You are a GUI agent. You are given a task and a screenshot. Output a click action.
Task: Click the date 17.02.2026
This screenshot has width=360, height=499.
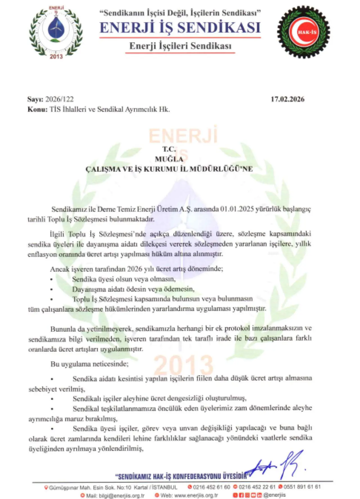287,99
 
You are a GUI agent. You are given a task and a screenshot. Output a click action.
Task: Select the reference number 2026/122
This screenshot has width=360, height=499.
60,99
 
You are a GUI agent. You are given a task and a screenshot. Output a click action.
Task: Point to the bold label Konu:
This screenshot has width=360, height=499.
37,109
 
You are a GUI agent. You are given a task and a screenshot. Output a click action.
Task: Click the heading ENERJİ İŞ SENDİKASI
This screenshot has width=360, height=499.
180,28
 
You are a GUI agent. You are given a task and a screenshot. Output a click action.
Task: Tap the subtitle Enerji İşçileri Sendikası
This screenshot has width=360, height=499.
180,46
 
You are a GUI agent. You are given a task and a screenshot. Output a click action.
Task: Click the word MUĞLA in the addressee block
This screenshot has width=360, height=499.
169,159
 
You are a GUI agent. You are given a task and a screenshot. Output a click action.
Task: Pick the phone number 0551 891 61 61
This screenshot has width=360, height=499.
302,487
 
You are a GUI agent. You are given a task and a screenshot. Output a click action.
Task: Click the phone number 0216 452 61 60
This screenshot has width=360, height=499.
211,487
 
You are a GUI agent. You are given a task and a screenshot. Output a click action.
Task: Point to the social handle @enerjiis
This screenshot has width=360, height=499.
275,495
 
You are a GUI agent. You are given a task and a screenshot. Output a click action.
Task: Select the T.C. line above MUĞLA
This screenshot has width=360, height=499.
169,149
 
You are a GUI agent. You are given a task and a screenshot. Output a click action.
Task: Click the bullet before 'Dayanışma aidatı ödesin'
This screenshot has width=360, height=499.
51,289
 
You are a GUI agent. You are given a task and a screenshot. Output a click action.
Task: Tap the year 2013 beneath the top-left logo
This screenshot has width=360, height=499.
56,57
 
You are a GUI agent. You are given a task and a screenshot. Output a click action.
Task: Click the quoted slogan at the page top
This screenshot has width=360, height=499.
180,13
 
